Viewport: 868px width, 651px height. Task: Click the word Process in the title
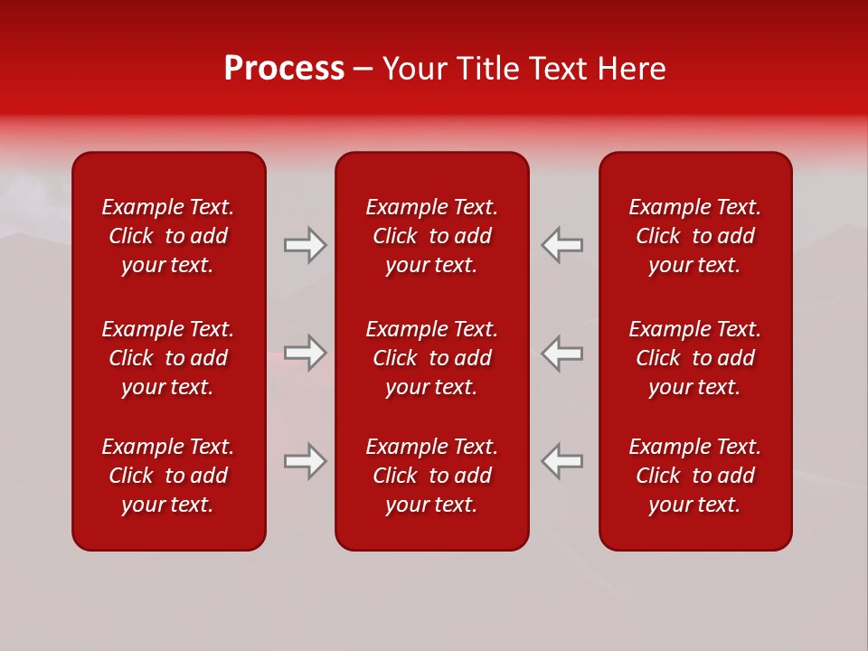click(x=284, y=69)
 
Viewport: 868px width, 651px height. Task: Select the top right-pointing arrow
click(x=305, y=245)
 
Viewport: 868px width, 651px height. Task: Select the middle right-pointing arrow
click(x=305, y=353)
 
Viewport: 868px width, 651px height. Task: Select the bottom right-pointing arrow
click(x=305, y=461)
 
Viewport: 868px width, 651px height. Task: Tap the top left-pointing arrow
click(x=562, y=245)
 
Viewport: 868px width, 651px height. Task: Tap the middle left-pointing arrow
click(x=562, y=353)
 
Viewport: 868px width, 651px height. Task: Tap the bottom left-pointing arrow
click(x=562, y=461)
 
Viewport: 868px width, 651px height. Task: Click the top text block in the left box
click(x=168, y=236)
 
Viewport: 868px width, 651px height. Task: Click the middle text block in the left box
click(x=168, y=358)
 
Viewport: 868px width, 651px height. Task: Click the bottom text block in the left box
click(x=168, y=476)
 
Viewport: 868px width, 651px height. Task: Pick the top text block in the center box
click(x=432, y=236)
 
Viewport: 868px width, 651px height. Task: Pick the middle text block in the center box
click(x=432, y=358)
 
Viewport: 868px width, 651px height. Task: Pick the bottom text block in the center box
click(x=432, y=476)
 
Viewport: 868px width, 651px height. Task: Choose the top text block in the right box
click(x=695, y=236)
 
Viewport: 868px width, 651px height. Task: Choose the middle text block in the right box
click(x=695, y=358)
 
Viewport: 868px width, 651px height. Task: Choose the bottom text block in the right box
click(x=695, y=476)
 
